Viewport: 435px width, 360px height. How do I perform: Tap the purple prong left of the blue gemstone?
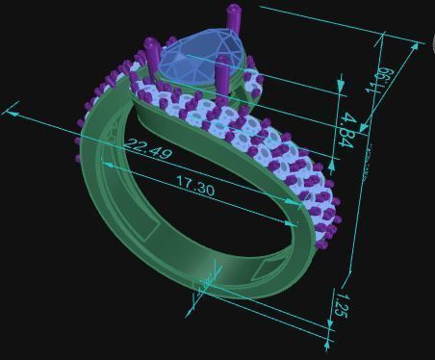[151, 53]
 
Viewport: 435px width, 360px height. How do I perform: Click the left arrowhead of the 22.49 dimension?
[12, 111]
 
